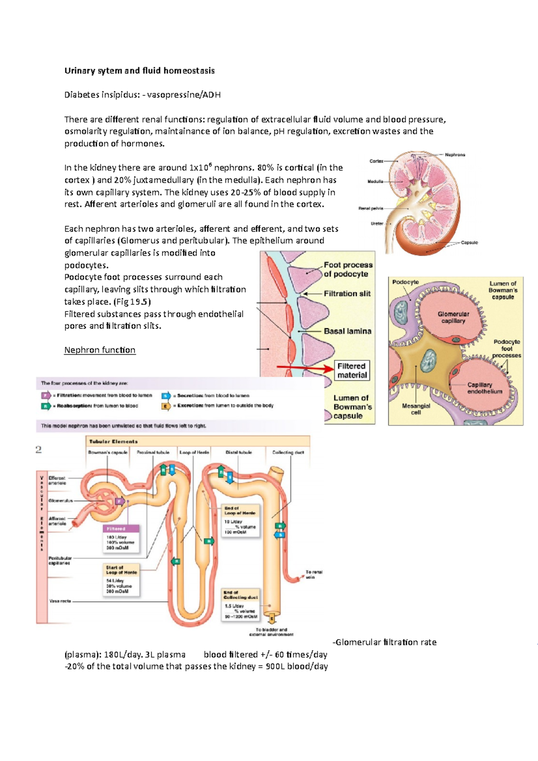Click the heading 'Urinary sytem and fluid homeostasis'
(x=139, y=70)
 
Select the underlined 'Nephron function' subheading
(x=100, y=350)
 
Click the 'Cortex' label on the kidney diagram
(x=376, y=161)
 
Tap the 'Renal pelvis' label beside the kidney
(x=371, y=208)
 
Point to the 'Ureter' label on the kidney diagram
(x=377, y=223)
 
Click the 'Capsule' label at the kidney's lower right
(x=469, y=242)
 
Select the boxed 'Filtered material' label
(x=352, y=371)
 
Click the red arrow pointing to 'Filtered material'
(x=305, y=368)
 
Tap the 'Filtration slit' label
(x=347, y=294)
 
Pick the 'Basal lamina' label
(x=347, y=331)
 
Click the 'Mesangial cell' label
(x=416, y=409)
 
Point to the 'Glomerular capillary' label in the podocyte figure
(x=453, y=317)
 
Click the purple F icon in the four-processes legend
(x=46, y=395)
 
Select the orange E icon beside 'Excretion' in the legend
(x=166, y=406)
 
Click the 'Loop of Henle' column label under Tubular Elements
(x=194, y=452)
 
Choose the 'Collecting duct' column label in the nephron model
(x=288, y=452)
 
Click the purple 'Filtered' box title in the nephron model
(x=116, y=529)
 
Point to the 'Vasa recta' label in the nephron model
(x=60, y=601)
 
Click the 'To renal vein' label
(x=314, y=575)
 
